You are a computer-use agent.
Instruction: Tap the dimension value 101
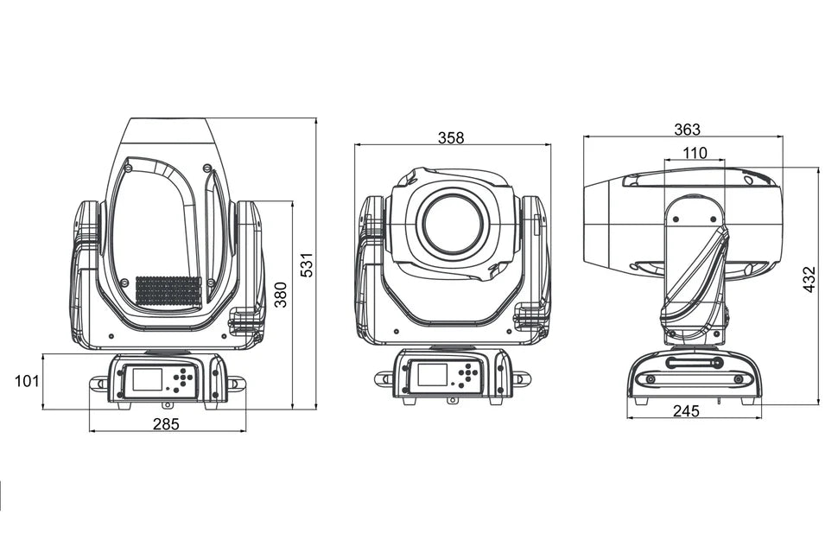click(x=27, y=380)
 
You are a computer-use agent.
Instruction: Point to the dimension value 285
click(x=166, y=423)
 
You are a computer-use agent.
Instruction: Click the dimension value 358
click(x=451, y=137)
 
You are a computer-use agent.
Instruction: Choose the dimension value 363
click(x=687, y=130)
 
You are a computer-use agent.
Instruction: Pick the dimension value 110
click(x=694, y=153)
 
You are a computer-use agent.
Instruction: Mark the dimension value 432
click(x=809, y=279)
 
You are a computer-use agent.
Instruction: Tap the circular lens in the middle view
click(x=452, y=224)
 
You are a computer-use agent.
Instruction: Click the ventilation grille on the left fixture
click(x=168, y=290)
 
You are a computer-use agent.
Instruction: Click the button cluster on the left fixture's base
click(x=182, y=379)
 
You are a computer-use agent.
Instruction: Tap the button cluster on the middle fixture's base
click(x=467, y=375)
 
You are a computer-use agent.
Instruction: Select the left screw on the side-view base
click(x=651, y=379)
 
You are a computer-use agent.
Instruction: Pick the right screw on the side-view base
click(x=738, y=379)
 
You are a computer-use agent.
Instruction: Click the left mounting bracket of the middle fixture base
click(x=384, y=378)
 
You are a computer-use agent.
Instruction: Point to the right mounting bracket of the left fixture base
click(x=236, y=384)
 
